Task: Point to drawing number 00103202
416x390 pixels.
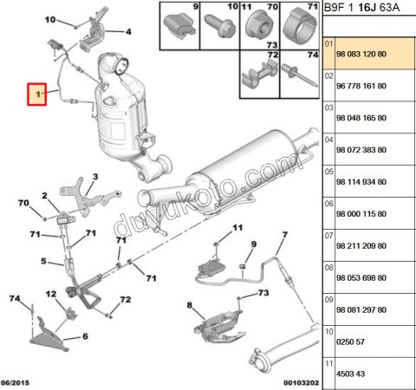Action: tap(290, 382)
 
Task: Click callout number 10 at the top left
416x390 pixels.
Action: tap(49, 19)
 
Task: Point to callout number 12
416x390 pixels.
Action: tap(51, 293)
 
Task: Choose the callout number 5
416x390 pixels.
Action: tap(41, 259)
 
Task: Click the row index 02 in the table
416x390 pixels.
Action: tap(328, 76)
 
